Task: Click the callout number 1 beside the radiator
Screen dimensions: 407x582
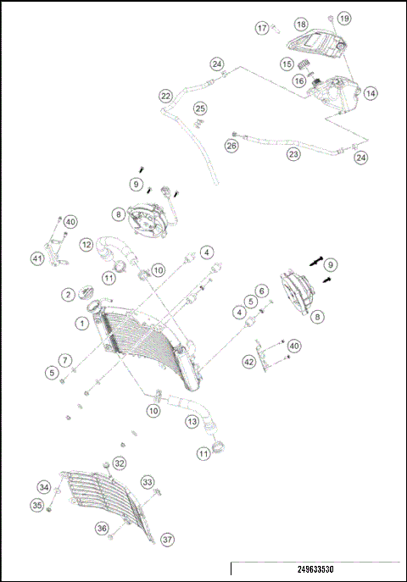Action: point(82,324)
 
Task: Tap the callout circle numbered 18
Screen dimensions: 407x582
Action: point(301,24)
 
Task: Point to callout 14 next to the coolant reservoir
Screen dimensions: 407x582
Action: point(371,93)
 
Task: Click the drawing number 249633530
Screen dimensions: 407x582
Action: point(315,569)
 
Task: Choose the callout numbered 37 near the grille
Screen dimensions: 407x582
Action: point(168,539)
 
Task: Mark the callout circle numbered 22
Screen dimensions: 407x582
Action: point(165,96)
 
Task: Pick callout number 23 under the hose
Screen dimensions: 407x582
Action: point(293,153)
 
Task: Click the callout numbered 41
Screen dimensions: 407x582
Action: point(37,258)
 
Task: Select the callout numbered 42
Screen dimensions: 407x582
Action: point(249,361)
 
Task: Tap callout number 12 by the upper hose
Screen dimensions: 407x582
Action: point(86,245)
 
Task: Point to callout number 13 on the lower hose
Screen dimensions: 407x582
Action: point(192,421)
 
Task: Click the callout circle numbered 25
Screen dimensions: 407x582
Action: point(200,108)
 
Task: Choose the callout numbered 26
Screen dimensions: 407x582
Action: point(231,146)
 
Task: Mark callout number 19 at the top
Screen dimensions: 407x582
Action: point(344,18)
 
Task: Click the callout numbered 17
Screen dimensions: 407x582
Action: point(262,28)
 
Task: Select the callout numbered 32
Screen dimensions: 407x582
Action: point(120,463)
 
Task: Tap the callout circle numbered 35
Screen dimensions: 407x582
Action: point(37,505)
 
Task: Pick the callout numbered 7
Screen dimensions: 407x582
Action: point(65,360)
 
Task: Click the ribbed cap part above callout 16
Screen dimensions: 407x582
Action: point(304,64)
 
